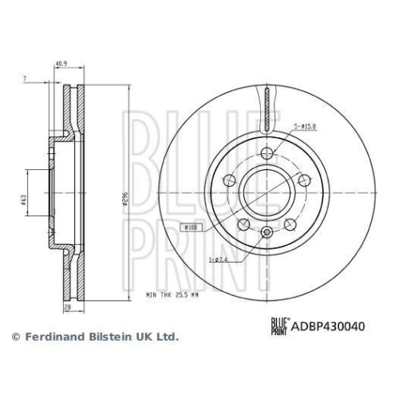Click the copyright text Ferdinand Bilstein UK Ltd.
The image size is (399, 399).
(93, 338)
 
